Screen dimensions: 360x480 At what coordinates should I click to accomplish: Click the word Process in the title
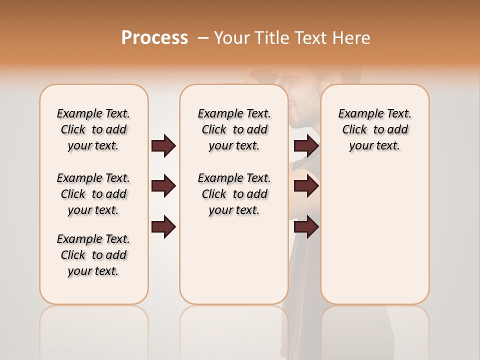click(x=154, y=37)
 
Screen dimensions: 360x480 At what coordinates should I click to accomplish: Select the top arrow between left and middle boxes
click(x=163, y=145)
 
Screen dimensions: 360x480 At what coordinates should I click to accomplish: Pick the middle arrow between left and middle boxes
click(x=163, y=186)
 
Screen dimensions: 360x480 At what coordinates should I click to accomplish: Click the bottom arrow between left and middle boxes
click(x=163, y=226)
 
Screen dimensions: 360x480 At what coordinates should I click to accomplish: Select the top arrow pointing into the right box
click(x=306, y=145)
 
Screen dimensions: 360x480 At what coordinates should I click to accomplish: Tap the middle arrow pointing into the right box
click(x=306, y=186)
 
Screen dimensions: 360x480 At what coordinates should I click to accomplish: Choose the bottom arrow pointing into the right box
click(x=306, y=226)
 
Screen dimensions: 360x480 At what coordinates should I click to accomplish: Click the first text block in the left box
click(x=93, y=129)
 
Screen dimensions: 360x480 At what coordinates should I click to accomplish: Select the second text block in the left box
click(x=93, y=194)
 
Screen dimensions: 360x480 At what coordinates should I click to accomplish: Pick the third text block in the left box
click(x=93, y=255)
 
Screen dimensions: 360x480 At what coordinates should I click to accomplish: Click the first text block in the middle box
click(x=234, y=129)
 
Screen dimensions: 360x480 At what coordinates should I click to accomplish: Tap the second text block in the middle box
click(x=234, y=194)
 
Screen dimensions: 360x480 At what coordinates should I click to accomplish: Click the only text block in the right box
click(x=375, y=129)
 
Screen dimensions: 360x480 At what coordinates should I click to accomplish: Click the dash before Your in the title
click(x=203, y=37)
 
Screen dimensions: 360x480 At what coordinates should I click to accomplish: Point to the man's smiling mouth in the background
click(x=293, y=105)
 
